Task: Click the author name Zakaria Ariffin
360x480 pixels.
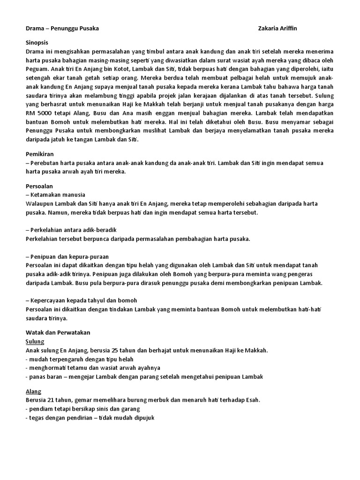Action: (x=277, y=29)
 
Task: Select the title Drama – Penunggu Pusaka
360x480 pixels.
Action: (x=62, y=29)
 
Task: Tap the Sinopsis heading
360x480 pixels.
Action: (x=37, y=42)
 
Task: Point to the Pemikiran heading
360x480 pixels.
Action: (x=39, y=153)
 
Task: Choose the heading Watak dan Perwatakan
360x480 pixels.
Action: (x=57, y=332)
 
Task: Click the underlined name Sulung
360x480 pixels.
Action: (x=35, y=341)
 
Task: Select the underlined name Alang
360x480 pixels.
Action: (x=33, y=391)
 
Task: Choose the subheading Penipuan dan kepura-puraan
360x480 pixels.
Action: (x=69, y=256)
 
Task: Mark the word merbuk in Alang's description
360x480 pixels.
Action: (x=154, y=400)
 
